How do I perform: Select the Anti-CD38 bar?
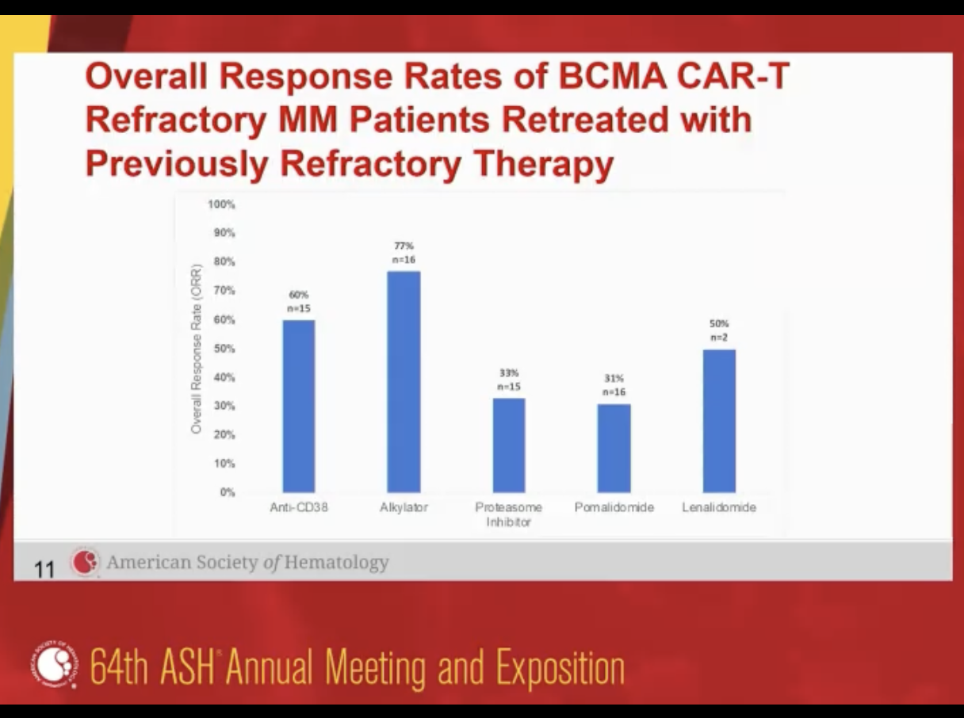(299, 407)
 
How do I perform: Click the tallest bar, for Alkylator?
(404, 382)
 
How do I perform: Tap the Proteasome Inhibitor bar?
(509, 445)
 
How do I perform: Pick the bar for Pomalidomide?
(614, 448)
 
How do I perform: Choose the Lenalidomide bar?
(719, 421)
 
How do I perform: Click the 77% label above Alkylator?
(404, 246)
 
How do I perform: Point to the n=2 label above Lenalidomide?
(719, 338)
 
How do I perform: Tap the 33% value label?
(509, 373)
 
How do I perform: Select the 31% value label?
(614, 379)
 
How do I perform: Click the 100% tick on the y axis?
(222, 204)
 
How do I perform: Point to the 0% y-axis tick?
(228, 492)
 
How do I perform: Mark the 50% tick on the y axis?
(224, 349)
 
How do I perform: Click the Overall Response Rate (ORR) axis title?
(197, 349)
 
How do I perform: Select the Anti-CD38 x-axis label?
(299, 507)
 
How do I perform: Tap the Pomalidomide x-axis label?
(614, 507)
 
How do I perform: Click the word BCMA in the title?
(612, 76)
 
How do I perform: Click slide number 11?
(44, 570)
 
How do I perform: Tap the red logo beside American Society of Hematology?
(85, 562)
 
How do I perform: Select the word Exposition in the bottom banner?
(560, 667)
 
